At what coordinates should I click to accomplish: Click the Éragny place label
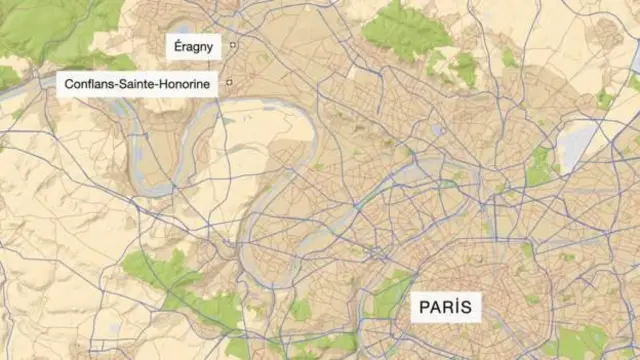[193, 46]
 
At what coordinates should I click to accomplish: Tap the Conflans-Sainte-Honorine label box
[137, 84]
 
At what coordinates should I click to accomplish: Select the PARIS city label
[445, 305]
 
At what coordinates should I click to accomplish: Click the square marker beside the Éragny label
[233, 45]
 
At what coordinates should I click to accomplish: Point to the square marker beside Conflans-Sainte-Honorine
[228, 82]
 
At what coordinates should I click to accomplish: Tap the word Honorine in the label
[186, 84]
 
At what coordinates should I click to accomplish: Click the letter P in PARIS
[424, 305]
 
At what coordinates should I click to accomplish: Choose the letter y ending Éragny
[209, 47]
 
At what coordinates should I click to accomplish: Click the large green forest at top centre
[405, 28]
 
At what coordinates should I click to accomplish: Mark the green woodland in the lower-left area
[160, 275]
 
